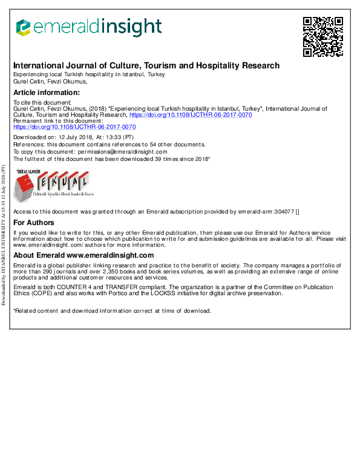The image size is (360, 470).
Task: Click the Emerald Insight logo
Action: click(88, 27)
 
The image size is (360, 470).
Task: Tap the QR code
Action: click(323, 36)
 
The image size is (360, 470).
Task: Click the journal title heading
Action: click(146, 65)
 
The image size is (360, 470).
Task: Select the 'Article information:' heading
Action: click(47, 93)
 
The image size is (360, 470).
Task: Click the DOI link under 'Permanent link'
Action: click(74, 127)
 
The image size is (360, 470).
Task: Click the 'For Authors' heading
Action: click(34, 223)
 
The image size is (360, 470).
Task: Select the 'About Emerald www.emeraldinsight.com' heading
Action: click(83, 256)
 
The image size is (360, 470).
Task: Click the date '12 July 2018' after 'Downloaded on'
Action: click(79, 138)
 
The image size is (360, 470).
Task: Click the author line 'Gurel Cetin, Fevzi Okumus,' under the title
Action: click(50, 81)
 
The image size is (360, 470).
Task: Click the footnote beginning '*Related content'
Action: click(113, 311)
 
